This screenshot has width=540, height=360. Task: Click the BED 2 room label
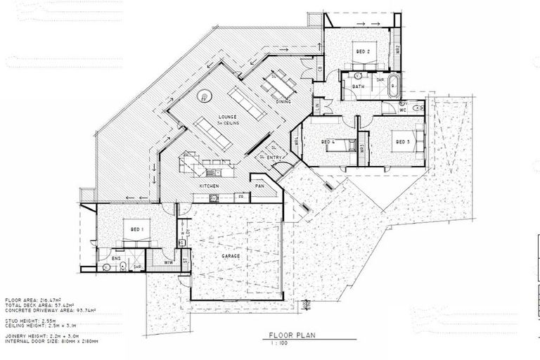click(362, 52)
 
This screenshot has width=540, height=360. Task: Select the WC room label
click(404, 110)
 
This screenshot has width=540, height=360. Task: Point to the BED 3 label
click(403, 141)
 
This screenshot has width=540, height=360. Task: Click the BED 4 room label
click(328, 141)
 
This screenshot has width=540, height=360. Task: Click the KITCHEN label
click(210, 186)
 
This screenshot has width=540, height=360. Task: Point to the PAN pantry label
click(259, 186)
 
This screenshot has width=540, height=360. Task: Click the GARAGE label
click(231, 257)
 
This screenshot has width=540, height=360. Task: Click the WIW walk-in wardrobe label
click(169, 263)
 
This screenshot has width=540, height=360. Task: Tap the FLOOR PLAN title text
click(289, 336)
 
